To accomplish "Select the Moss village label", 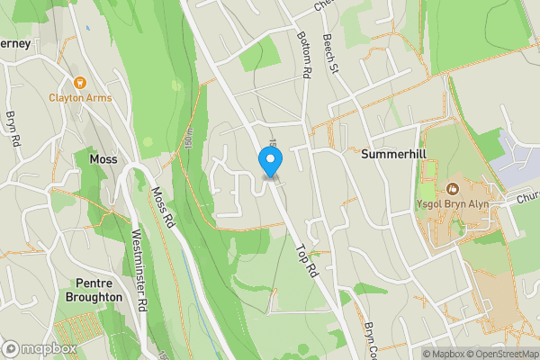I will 103,158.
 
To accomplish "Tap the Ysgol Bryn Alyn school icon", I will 452,189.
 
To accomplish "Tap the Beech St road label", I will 329,56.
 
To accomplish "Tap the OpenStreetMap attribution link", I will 500,353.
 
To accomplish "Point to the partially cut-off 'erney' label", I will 15,43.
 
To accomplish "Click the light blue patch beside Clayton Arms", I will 87,28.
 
